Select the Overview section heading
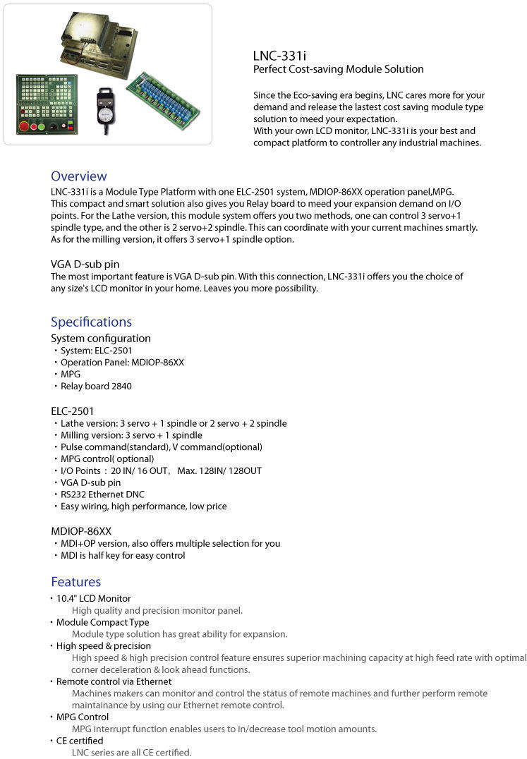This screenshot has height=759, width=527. [78, 176]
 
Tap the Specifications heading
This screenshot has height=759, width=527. [91, 322]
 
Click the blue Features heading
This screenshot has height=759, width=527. [75, 582]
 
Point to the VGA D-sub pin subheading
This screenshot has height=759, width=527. [85, 265]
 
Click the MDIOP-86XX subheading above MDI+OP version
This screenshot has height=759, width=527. [81, 530]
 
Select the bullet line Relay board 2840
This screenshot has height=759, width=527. [96, 386]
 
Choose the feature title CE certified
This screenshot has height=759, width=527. [80, 741]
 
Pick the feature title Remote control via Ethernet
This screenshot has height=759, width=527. [114, 681]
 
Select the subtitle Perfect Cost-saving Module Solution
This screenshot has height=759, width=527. [338, 69]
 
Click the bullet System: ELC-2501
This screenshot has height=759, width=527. [96, 350]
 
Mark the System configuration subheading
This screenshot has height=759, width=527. [100, 338]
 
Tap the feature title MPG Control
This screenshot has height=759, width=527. [83, 717]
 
